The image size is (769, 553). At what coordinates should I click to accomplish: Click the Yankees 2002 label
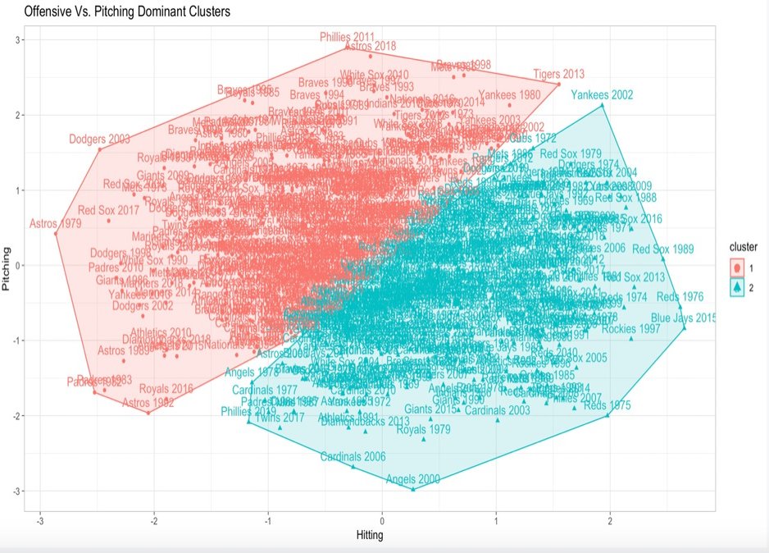pos(602,95)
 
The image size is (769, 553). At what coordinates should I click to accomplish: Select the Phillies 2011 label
pos(347,38)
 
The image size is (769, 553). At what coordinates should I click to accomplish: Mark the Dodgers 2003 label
pos(99,139)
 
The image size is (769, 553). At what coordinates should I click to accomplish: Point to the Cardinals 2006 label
pos(353,456)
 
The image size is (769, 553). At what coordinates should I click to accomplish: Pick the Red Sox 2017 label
pos(108,210)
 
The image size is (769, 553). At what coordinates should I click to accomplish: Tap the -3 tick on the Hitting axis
pos(40,521)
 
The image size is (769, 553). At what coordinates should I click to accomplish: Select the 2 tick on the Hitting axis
pos(610,521)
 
